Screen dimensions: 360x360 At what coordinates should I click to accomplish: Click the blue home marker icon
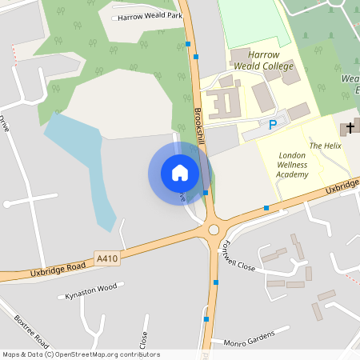point(180,172)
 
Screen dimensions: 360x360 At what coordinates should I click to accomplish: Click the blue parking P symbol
point(273,125)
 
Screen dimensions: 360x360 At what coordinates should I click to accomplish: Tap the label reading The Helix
point(325,146)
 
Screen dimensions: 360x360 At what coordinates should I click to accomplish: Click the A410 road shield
point(106,258)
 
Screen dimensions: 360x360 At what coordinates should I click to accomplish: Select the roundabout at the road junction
point(214,230)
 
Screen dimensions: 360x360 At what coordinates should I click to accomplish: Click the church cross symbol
point(350,128)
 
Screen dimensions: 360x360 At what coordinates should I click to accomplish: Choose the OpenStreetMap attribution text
point(80,354)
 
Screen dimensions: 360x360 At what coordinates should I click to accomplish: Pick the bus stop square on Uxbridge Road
point(266,207)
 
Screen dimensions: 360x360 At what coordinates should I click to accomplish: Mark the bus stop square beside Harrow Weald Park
point(187,44)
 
